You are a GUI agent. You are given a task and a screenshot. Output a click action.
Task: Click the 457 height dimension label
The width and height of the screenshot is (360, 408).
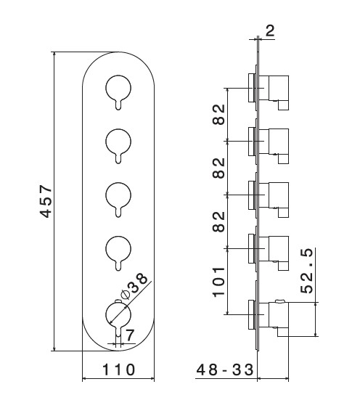point(46,201)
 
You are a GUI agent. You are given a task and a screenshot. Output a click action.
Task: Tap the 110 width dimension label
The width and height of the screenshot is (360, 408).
point(118,370)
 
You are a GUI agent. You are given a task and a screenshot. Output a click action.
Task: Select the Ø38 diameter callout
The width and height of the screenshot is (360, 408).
point(134,286)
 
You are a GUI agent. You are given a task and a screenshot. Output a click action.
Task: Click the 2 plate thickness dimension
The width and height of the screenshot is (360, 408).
point(270,30)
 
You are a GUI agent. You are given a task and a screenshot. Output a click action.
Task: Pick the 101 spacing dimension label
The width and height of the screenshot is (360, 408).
point(218,282)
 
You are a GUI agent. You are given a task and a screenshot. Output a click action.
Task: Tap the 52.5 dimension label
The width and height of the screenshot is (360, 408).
point(307,271)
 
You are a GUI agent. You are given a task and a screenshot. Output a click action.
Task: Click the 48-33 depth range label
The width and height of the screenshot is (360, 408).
point(225,370)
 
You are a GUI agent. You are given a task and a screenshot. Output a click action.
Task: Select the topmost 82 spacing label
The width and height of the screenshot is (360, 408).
point(218,115)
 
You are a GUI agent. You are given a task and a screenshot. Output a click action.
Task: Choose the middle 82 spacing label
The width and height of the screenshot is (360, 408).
point(218,168)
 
